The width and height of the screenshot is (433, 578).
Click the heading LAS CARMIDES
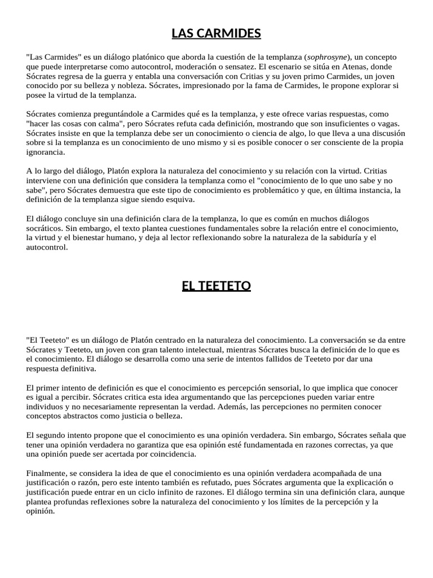click(x=216, y=34)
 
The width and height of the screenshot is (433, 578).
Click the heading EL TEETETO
click(x=216, y=286)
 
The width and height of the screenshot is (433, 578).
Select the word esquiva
click(x=179, y=199)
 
